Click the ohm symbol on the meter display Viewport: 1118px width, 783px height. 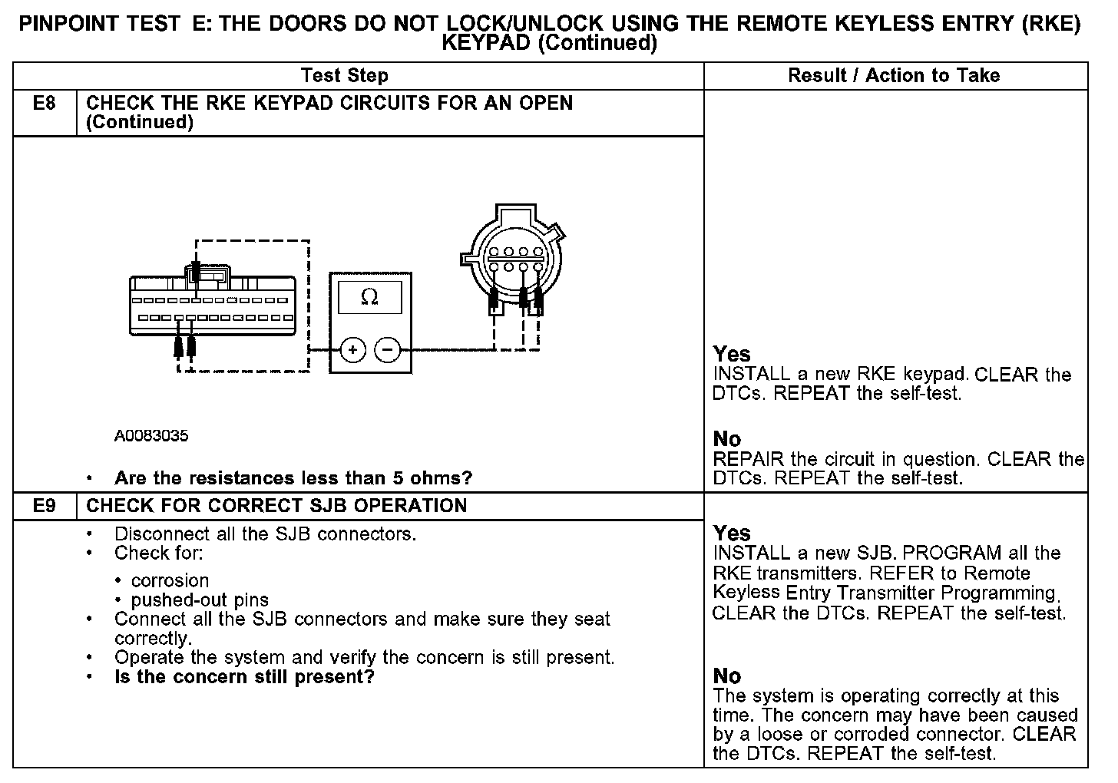(369, 297)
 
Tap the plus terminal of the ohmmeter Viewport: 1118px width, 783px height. (352, 351)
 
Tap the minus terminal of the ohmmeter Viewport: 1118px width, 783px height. (388, 351)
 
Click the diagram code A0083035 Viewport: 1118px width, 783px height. (151, 436)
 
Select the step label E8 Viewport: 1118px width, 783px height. (45, 103)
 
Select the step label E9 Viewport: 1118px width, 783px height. (45, 506)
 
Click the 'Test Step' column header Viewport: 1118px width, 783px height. (345, 75)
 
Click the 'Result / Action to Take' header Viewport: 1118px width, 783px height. (894, 75)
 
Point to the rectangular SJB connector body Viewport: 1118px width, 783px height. (212, 306)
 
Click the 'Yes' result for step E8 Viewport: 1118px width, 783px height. (731, 354)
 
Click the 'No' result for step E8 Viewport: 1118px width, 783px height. (726, 439)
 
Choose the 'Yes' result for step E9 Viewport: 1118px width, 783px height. (731, 533)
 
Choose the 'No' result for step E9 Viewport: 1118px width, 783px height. (726, 676)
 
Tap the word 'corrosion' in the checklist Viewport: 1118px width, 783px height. (170, 580)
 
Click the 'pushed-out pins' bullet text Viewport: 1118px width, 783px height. (200, 600)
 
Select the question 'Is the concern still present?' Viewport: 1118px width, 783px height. (244, 676)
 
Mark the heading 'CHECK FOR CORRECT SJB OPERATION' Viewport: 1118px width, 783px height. (276, 506)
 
